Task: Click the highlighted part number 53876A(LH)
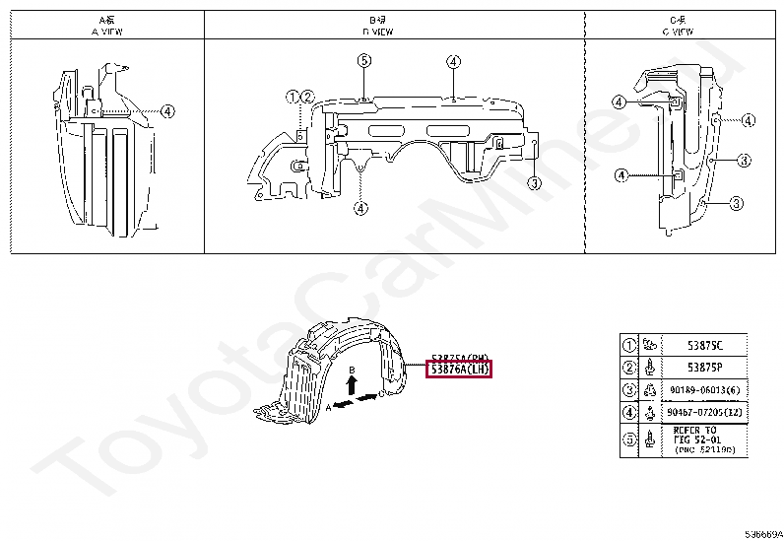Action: (x=458, y=370)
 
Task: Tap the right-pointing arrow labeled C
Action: (x=367, y=397)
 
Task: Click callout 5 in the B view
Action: (x=363, y=61)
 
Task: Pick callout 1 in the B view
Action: (x=293, y=97)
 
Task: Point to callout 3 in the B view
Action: (x=533, y=182)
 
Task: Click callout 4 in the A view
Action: (x=167, y=111)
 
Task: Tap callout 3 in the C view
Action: (x=735, y=203)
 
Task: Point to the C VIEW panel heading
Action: (x=679, y=26)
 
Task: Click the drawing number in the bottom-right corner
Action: (x=762, y=533)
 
